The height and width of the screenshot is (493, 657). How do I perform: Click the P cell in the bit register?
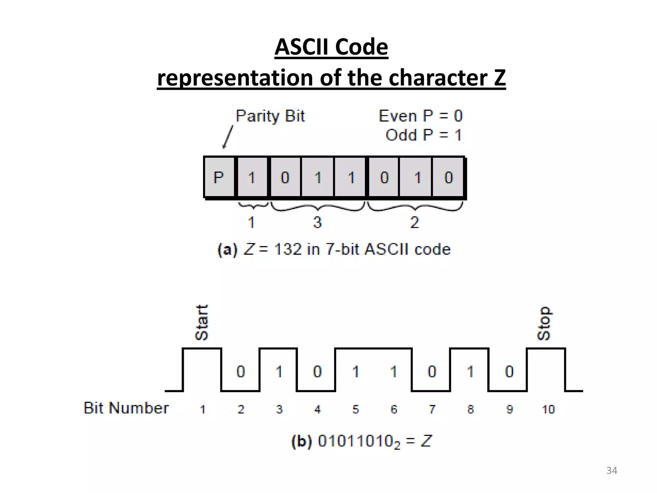point(219,177)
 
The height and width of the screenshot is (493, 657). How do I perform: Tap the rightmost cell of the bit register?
point(448,177)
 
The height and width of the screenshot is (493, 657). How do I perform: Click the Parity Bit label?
point(270,116)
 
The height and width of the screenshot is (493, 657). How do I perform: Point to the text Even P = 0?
point(421,116)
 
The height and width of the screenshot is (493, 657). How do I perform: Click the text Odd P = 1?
point(423,135)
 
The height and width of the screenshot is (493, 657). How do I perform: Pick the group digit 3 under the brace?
point(317,222)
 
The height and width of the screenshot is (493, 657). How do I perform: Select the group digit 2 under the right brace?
point(414,222)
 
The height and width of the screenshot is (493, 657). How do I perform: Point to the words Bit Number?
point(126,408)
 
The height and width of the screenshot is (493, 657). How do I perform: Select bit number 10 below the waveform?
point(548,409)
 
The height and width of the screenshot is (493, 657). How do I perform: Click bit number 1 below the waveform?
point(202,409)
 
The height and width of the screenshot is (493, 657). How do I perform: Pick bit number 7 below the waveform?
point(432,409)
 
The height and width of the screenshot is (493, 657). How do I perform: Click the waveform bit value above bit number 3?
point(279,372)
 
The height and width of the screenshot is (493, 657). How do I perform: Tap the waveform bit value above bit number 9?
point(509,372)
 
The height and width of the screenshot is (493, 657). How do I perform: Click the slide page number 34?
point(611,471)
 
